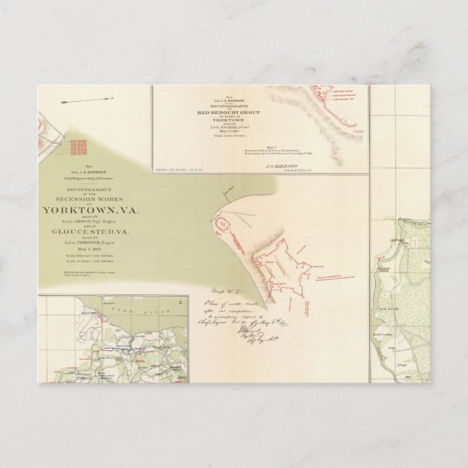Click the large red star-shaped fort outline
pyautogui.click(x=283, y=265)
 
